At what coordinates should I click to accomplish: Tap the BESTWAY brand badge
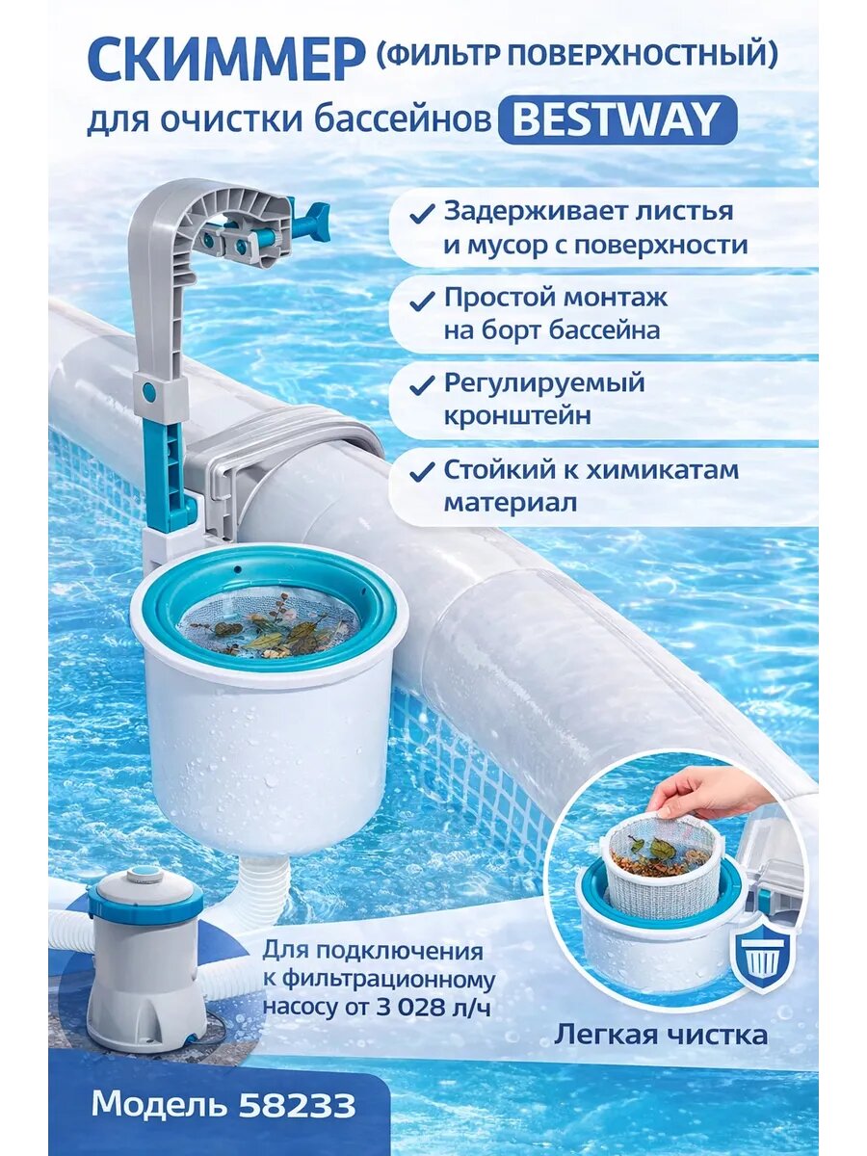[x=617, y=120]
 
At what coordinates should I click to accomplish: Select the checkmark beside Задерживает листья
[x=421, y=214]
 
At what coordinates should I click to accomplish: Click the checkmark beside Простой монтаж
[x=421, y=301]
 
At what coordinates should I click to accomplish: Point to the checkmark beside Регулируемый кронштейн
[x=421, y=386]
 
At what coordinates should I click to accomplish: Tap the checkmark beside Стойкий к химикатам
[x=421, y=472]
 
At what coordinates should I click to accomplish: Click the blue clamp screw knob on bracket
[x=310, y=223]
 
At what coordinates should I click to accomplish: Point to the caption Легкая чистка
[x=660, y=1035]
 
